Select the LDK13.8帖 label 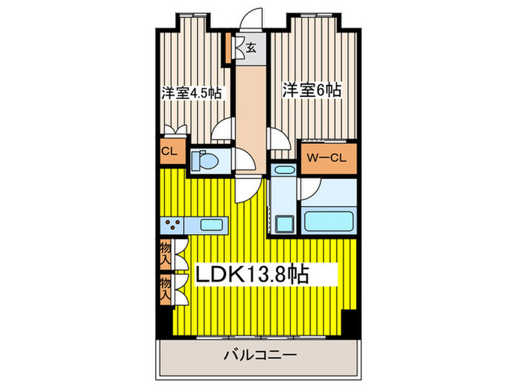tap(251, 274)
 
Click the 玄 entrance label tap(251, 50)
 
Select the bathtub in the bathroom tap(329, 219)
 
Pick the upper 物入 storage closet tap(165, 255)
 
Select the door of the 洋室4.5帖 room tap(222, 134)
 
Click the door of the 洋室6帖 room tap(277, 137)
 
